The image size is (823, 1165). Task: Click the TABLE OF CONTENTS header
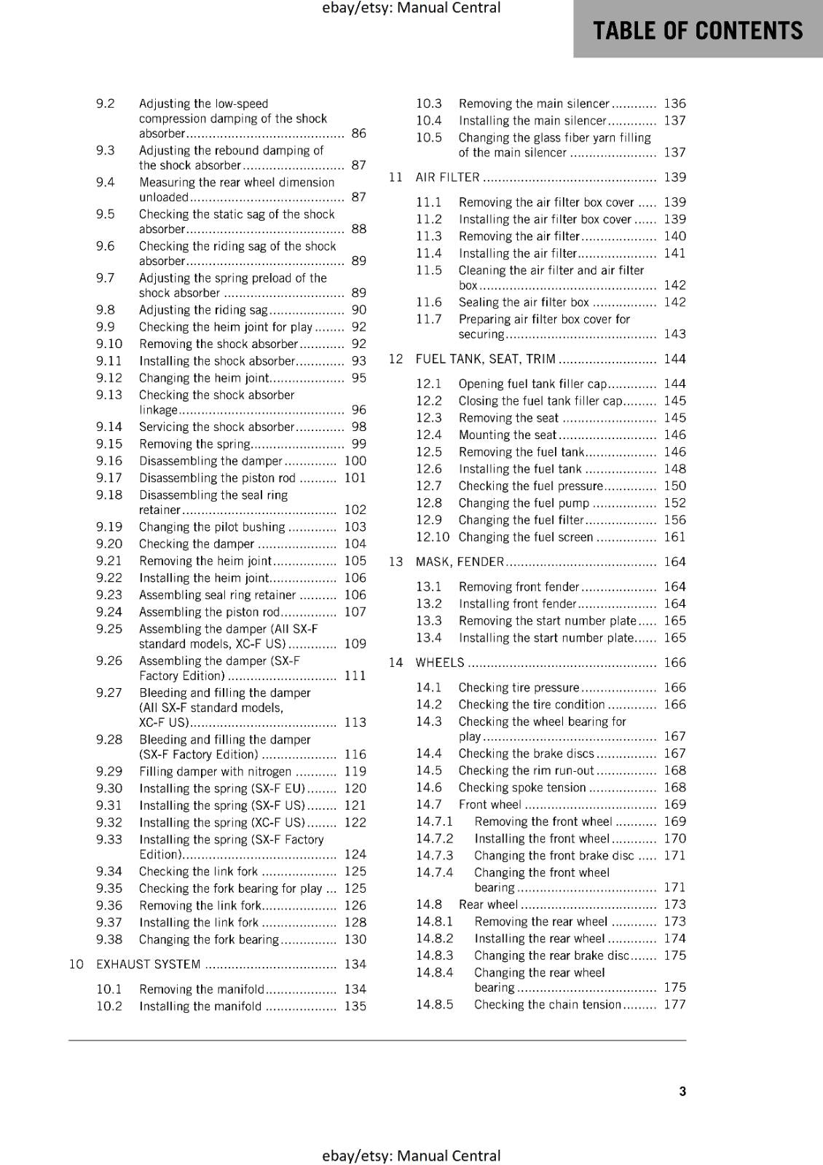[x=698, y=31]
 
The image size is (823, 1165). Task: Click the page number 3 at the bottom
[x=682, y=1091]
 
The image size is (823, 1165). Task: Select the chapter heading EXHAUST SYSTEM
[x=148, y=964]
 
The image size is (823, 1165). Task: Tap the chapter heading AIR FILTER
[x=447, y=177]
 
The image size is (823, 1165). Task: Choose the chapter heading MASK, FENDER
[x=460, y=561]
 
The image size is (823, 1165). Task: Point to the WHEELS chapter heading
[x=439, y=663]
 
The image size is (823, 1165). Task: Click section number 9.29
[x=109, y=771]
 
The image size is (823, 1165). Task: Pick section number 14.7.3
[x=434, y=856]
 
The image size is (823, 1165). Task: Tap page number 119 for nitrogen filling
[x=355, y=771]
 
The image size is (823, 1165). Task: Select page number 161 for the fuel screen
[x=674, y=537]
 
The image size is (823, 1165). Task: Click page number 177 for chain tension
[x=674, y=1004]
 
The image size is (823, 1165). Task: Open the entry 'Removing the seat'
[x=508, y=418]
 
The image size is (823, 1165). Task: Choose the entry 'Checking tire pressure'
[x=519, y=687]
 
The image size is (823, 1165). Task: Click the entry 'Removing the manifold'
[x=202, y=989]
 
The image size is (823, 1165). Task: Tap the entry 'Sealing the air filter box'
[x=524, y=302]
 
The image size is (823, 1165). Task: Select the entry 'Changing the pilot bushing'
[x=212, y=526]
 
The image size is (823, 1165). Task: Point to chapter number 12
[x=395, y=359]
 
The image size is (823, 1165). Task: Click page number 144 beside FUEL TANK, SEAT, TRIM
[x=674, y=359]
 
